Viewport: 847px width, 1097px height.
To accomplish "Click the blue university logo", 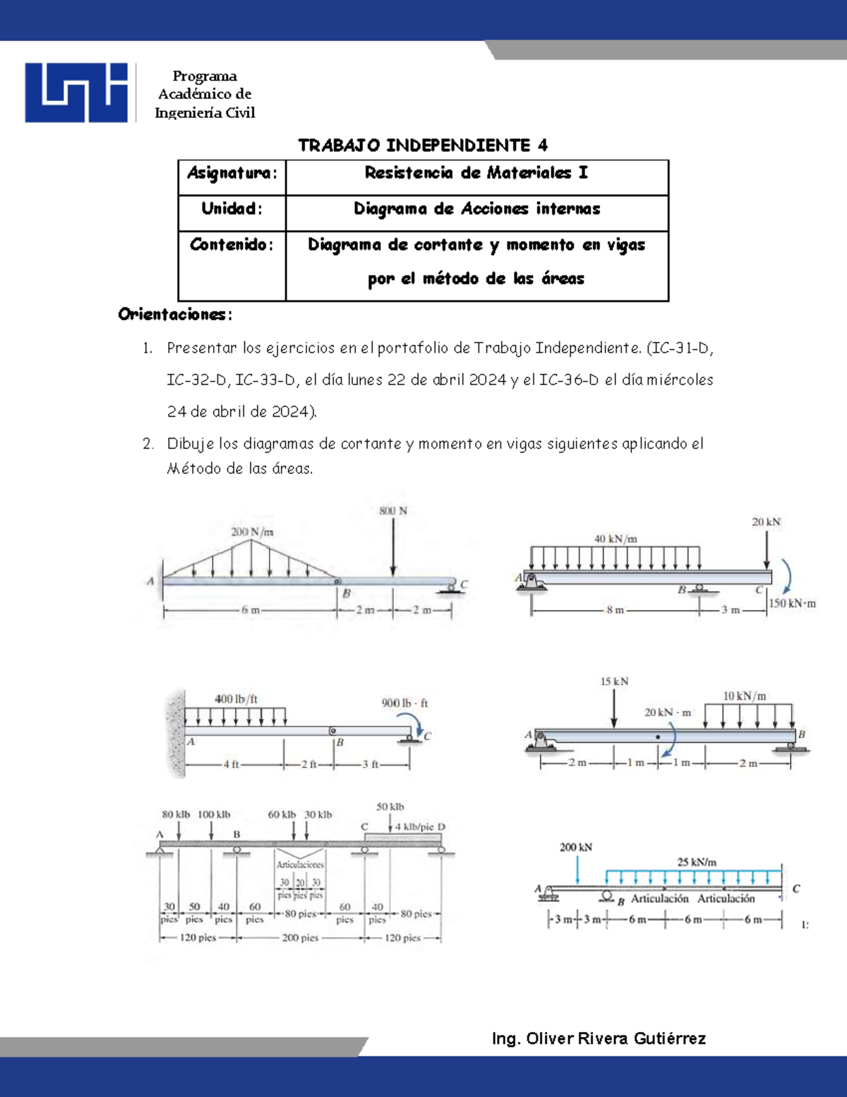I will pyautogui.click(x=76, y=93).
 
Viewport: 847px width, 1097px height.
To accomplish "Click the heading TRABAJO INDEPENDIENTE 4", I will pyautogui.click(x=422, y=146).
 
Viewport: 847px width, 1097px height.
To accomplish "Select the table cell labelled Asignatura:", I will pyautogui.click(x=232, y=174).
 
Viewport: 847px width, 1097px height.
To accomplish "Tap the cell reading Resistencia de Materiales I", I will pyautogui.click(x=476, y=174).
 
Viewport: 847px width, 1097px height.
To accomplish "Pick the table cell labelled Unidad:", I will pyautogui.click(x=232, y=210).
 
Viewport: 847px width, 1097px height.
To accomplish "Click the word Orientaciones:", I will pyautogui.click(x=175, y=315).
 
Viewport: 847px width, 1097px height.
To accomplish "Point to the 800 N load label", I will pyautogui.click(x=393, y=511).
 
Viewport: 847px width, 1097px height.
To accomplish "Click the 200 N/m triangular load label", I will pyautogui.click(x=252, y=532).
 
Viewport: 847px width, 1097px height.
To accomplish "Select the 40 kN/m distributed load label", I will pyautogui.click(x=615, y=539).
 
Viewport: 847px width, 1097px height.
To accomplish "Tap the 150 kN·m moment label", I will pyautogui.click(x=792, y=604).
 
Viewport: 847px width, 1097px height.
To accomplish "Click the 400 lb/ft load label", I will pyautogui.click(x=236, y=699).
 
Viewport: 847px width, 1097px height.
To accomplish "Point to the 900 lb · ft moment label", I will pyautogui.click(x=404, y=704).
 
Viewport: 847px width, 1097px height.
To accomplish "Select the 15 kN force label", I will pyautogui.click(x=614, y=682).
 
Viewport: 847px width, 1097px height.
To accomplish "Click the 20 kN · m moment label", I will pyautogui.click(x=668, y=713).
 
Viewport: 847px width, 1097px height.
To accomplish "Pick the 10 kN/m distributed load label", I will pyautogui.click(x=744, y=696).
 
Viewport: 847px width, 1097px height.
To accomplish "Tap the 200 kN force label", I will pyautogui.click(x=576, y=847).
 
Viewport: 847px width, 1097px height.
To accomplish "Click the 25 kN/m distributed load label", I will pyautogui.click(x=697, y=862).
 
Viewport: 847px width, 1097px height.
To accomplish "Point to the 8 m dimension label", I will pyautogui.click(x=615, y=610).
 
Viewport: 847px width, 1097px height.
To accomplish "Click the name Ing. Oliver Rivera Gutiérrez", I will pyautogui.click(x=599, y=1038).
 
